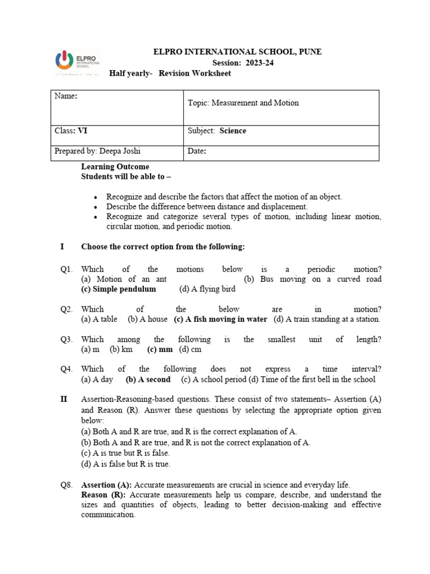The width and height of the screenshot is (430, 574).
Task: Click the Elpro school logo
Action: (x=77, y=61)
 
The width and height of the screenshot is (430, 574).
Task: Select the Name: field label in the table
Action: (x=66, y=96)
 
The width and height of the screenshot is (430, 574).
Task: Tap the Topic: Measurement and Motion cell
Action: (x=244, y=103)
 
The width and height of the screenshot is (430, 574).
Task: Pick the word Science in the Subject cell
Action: (x=233, y=131)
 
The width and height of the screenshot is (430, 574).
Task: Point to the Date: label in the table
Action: (x=197, y=151)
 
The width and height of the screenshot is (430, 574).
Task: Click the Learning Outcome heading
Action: (x=115, y=167)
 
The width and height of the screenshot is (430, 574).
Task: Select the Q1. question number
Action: (x=67, y=270)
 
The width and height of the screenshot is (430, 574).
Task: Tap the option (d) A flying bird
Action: (x=207, y=289)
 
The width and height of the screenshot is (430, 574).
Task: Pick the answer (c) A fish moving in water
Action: (x=221, y=320)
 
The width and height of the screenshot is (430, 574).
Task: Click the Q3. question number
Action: (x=67, y=340)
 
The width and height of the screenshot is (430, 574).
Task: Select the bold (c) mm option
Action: (x=160, y=349)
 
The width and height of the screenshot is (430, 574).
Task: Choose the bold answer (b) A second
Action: (x=148, y=379)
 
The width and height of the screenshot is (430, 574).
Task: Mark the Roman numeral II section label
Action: (x=64, y=400)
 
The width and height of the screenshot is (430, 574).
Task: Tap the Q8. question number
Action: (x=67, y=485)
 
